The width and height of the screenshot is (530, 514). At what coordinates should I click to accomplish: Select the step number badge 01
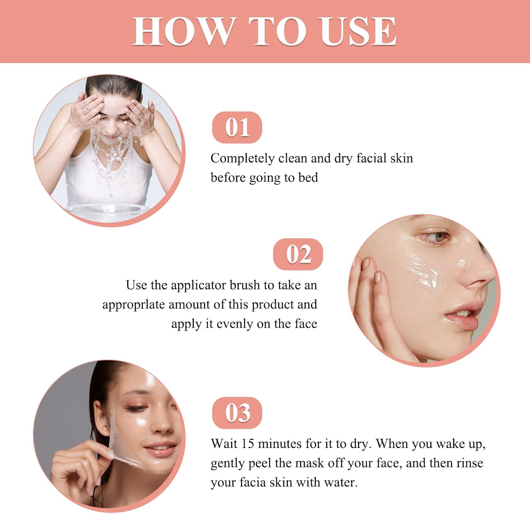point(237,128)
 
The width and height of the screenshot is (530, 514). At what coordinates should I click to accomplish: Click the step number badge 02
point(298,254)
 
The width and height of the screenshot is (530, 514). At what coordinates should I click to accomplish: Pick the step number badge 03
point(237,413)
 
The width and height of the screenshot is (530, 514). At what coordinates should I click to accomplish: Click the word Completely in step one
point(242,159)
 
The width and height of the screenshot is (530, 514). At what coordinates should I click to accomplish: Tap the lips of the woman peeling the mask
point(159,449)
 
